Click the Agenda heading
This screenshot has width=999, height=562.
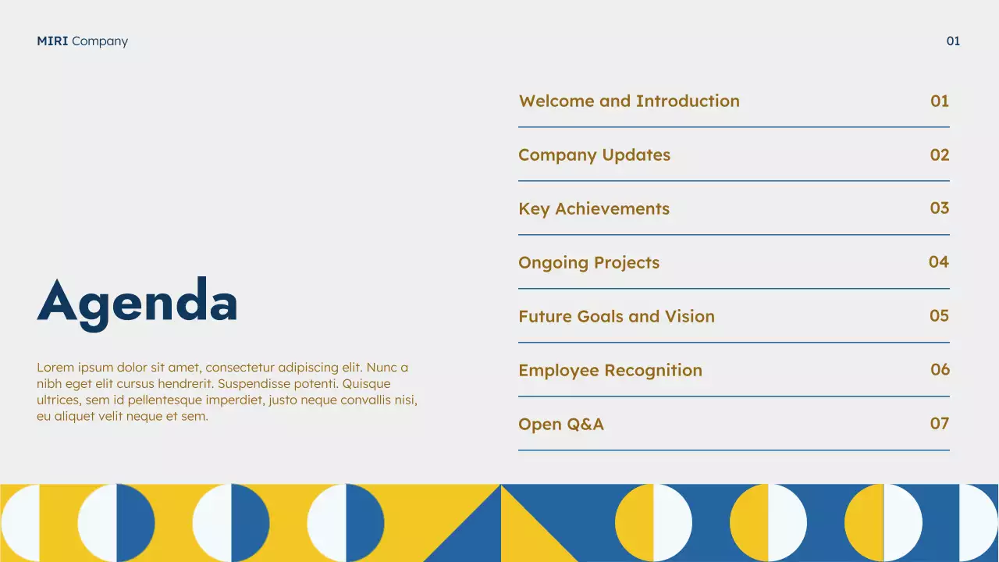(x=137, y=302)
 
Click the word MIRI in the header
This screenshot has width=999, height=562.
(x=52, y=41)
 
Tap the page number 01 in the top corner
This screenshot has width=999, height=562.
(x=953, y=41)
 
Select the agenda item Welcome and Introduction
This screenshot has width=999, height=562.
(x=629, y=101)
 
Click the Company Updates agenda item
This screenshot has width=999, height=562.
(x=594, y=155)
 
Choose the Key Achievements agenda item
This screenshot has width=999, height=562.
(x=594, y=209)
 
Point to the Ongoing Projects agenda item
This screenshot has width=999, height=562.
(x=588, y=263)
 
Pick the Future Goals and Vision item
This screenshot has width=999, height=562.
(x=617, y=317)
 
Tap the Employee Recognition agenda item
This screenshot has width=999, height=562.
(x=610, y=371)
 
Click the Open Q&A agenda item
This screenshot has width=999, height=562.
(x=561, y=425)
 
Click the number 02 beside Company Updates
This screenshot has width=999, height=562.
(x=940, y=155)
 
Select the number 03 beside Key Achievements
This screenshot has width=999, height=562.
(x=940, y=208)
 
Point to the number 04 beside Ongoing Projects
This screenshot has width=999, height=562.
(x=939, y=262)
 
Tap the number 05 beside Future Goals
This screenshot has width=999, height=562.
(x=940, y=316)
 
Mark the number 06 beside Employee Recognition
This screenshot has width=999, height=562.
(x=940, y=370)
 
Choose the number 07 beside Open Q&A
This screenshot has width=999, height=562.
(x=940, y=424)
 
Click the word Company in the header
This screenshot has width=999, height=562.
(x=100, y=41)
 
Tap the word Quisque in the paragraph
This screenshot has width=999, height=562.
(x=366, y=384)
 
